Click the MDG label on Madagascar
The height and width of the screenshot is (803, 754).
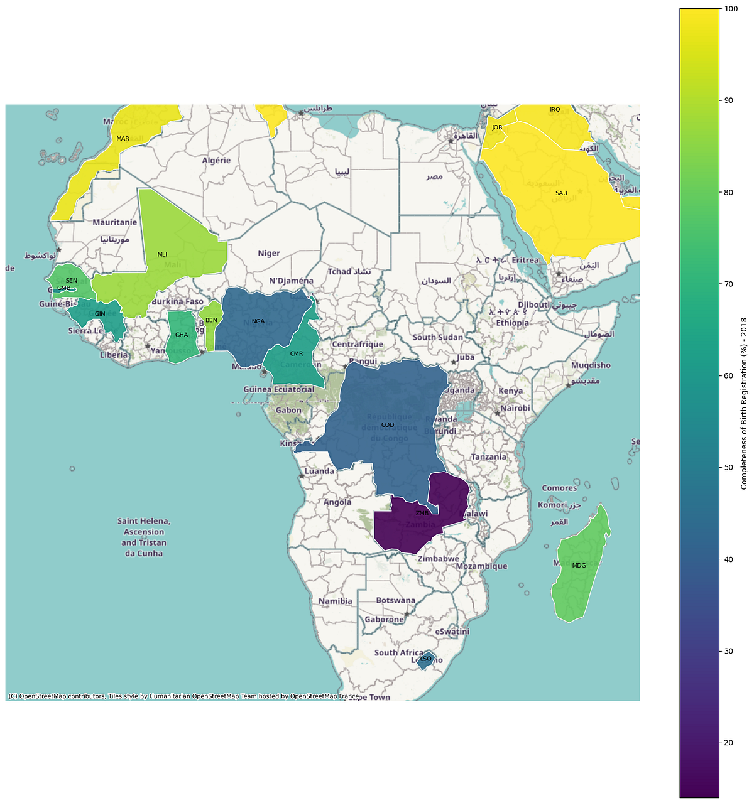[579, 566]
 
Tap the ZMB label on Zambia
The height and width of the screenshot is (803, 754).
[422, 514]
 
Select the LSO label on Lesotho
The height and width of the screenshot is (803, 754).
[426, 659]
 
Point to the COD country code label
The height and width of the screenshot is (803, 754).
[388, 425]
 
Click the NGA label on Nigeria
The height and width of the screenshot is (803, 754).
[258, 321]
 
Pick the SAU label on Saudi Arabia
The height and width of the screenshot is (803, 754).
[561, 193]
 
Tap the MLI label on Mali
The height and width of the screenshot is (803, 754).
[162, 255]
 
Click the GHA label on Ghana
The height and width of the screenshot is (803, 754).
[182, 335]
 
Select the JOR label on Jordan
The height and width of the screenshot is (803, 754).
[497, 127]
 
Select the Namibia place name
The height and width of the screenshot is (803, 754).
[336, 601]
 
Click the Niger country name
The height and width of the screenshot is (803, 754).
[269, 254]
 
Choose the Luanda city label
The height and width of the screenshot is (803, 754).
[320, 472]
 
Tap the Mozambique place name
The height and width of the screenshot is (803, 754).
[481, 566]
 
